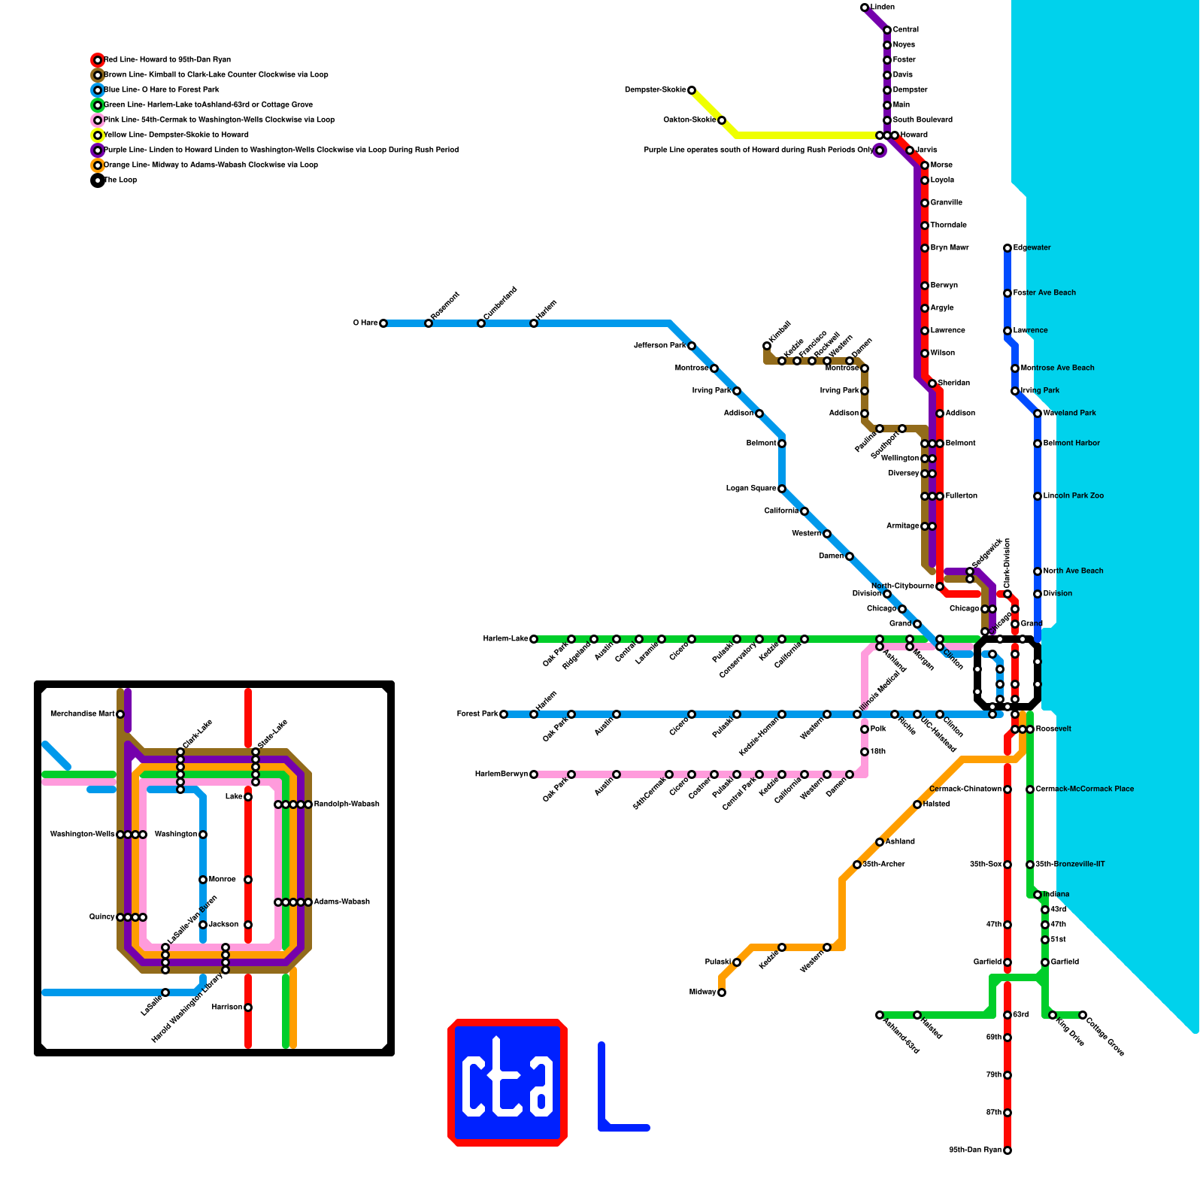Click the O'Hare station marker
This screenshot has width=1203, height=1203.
click(383, 323)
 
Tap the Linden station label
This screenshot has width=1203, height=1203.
click(883, 8)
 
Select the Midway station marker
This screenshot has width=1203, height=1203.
click(722, 992)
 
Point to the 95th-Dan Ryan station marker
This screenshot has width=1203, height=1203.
click(1008, 1150)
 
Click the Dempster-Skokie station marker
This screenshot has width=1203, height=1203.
click(692, 90)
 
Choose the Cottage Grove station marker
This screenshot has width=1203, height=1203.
click(1083, 1015)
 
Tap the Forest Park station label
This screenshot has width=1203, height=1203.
click(477, 714)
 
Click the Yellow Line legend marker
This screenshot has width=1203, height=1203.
click(98, 135)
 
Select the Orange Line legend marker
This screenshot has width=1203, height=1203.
click(98, 165)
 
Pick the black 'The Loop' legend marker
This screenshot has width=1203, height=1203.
click(98, 180)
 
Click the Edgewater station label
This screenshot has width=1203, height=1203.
click(1032, 248)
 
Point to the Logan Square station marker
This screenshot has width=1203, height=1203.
click(782, 489)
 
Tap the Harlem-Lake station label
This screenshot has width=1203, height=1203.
click(505, 639)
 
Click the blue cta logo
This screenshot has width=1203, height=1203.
click(508, 1083)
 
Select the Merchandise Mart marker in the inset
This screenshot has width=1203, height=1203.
click(120, 714)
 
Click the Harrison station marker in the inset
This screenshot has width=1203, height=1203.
click(248, 1008)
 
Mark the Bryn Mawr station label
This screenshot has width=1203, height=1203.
click(950, 248)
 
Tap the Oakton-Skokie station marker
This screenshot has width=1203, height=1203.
click(722, 120)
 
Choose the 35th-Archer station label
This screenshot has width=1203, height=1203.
click(883, 865)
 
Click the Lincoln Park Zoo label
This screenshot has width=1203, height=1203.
click(1074, 496)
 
